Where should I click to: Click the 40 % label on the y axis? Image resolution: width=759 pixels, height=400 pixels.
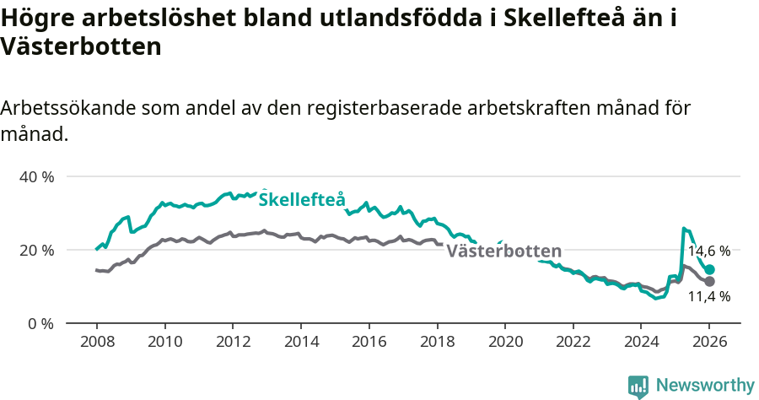click(x=36, y=177)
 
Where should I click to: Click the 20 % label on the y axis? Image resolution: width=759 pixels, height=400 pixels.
click(x=36, y=251)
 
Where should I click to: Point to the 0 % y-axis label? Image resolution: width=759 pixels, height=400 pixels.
click(x=40, y=324)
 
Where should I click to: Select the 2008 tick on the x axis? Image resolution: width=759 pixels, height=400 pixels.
click(x=96, y=342)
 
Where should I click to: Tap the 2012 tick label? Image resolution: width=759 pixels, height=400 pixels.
click(x=233, y=342)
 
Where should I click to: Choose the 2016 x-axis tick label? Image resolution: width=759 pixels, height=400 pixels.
click(x=369, y=342)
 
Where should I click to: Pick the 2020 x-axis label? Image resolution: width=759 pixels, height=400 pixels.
click(x=505, y=342)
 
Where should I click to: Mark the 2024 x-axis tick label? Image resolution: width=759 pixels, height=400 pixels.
click(x=641, y=342)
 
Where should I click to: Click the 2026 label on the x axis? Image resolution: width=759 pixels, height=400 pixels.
click(x=709, y=342)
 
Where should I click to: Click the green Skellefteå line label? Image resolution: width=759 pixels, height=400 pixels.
click(x=301, y=200)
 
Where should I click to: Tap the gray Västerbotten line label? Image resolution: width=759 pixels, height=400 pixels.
click(x=503, y=251)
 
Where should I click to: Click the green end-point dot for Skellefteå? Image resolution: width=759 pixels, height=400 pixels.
click(x=709, y=269)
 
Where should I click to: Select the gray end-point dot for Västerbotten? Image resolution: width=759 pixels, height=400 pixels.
click(x=709, y=281)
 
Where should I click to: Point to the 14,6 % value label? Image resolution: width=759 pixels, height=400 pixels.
click(x=708, y=251)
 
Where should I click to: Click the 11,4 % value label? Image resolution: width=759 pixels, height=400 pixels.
click(x=708, y=297)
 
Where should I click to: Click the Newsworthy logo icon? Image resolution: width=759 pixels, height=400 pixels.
click(x=638, y=386)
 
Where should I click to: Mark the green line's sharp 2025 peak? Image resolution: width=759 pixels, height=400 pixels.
click(x=684, y=228)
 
